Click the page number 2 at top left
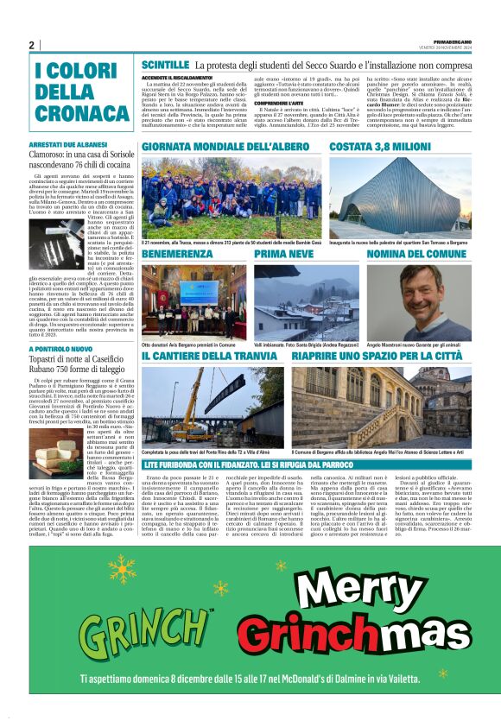(x=32, y=46)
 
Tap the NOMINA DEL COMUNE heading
(x=417, y=255)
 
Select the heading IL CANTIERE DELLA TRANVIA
(x=211, y=355)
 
